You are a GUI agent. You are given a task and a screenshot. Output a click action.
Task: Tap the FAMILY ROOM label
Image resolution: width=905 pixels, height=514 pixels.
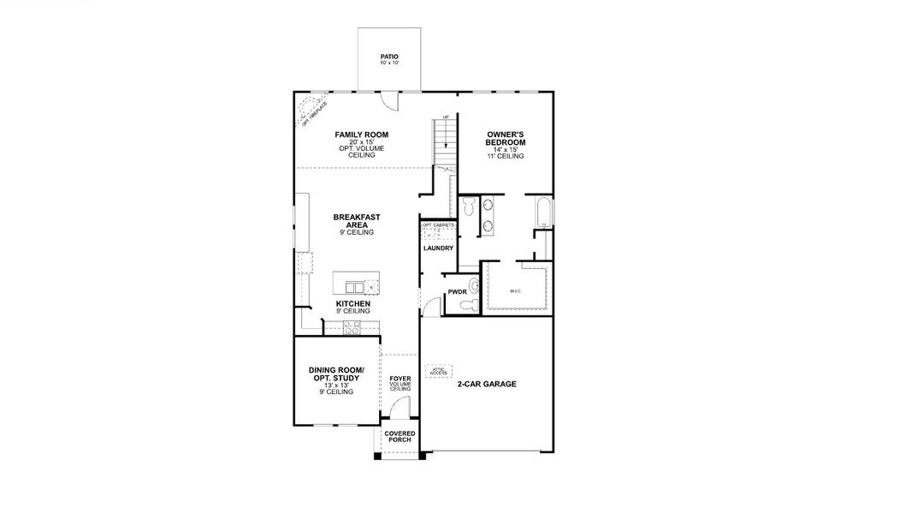click(361, 135)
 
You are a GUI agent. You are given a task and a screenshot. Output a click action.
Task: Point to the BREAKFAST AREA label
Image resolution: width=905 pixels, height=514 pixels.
click(353, 222)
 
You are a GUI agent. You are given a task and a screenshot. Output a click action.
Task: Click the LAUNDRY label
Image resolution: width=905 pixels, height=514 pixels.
click(437, 248)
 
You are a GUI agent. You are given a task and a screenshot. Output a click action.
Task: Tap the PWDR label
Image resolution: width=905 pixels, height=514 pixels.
click(456, 292)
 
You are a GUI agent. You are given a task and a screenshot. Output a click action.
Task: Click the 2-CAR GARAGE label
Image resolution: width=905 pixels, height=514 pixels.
click(486, 385)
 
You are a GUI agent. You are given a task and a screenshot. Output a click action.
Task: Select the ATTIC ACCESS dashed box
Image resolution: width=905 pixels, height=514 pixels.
click(438, 372)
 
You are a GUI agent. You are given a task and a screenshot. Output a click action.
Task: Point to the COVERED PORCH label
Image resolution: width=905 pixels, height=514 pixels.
click(399, 437)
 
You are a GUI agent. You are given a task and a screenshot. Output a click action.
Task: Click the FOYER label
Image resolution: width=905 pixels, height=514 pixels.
click(399, 378)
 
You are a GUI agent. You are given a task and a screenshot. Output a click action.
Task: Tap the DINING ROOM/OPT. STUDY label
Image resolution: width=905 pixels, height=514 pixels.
click(336, 374)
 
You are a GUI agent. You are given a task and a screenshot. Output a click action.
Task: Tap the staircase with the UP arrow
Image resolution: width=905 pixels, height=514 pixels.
click(444, 141)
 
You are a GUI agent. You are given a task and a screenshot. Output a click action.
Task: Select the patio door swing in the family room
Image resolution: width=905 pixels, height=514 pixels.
click(388, 101)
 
